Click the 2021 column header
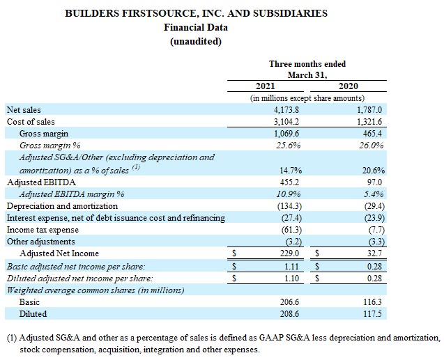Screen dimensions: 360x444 pos(266,86)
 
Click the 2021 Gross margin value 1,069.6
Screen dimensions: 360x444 pos(285,133)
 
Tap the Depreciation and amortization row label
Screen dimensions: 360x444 pos(62,205)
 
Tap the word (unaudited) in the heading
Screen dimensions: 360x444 pos(196,41)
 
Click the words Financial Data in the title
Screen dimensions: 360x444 pos(196,27)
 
